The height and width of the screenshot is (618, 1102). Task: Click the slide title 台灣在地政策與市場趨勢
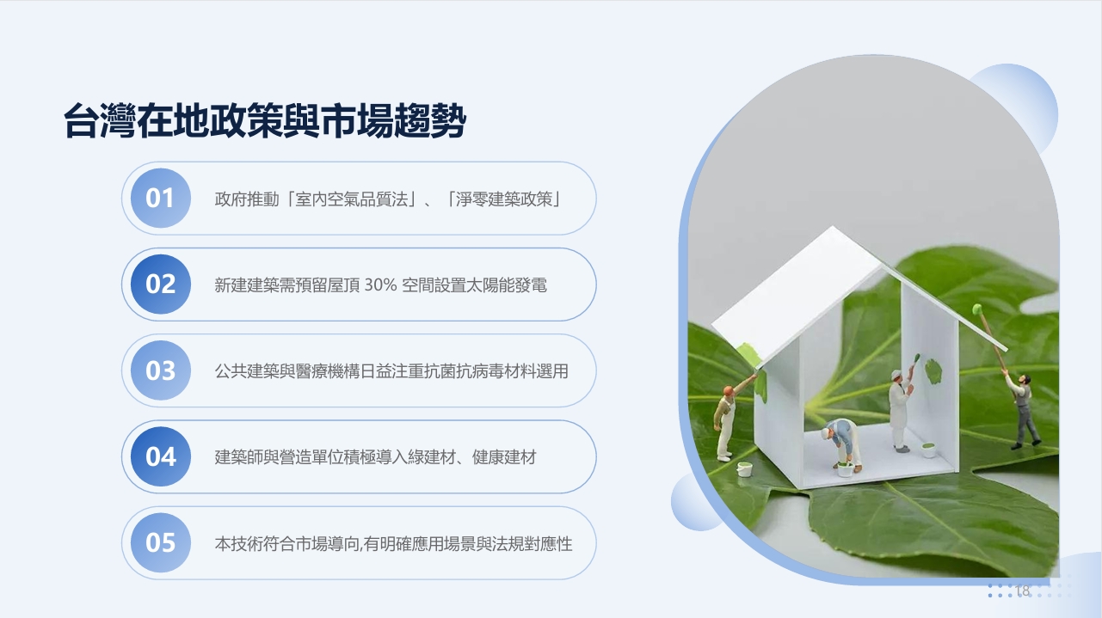click(265, 121)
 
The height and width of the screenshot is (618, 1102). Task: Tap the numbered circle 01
click(160, 199)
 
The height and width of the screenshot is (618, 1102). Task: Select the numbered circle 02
click(160, 285)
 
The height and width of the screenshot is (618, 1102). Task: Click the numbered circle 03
click(160, 370)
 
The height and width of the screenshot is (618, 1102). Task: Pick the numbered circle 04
click(160, 456)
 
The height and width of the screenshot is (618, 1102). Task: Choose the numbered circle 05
click(160, 542)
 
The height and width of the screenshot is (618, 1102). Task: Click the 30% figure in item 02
click(380, 285)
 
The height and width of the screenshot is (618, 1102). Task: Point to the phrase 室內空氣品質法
click(352, 199)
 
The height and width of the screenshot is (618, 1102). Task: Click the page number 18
click(1022, 590)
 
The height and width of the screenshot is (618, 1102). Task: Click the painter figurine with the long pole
click(1022, 411)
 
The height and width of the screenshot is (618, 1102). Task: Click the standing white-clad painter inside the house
click(902, 409)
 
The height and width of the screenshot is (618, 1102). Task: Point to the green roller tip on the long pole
click(977, 309)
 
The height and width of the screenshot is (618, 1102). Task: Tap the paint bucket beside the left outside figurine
click(744, 469)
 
